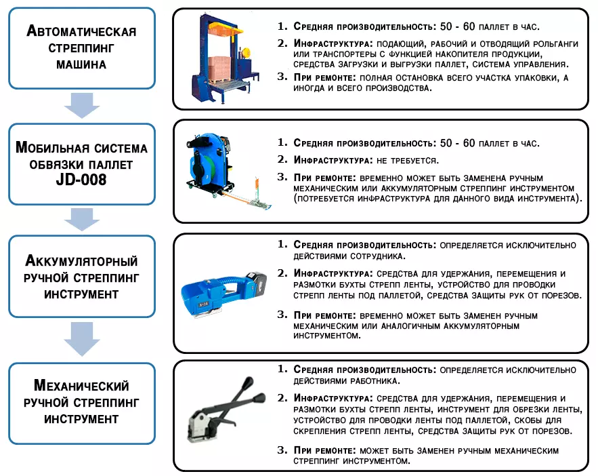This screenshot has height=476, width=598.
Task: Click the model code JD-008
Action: point(81,180)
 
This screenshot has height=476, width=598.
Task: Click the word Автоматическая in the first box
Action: point(81,31)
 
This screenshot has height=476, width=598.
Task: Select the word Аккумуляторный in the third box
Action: point(81,260)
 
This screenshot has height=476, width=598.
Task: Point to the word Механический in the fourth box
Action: point(81,386)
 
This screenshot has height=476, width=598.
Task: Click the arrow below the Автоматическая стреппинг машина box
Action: point(82,105)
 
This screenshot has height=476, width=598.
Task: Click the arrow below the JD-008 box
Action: point(82,220)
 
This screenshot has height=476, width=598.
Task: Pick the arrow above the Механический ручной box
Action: point(82,339)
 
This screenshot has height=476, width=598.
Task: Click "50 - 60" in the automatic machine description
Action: point(457,26)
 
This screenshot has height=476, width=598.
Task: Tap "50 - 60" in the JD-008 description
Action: point(457,143)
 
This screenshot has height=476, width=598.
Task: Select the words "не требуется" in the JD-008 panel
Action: point(407,161)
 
